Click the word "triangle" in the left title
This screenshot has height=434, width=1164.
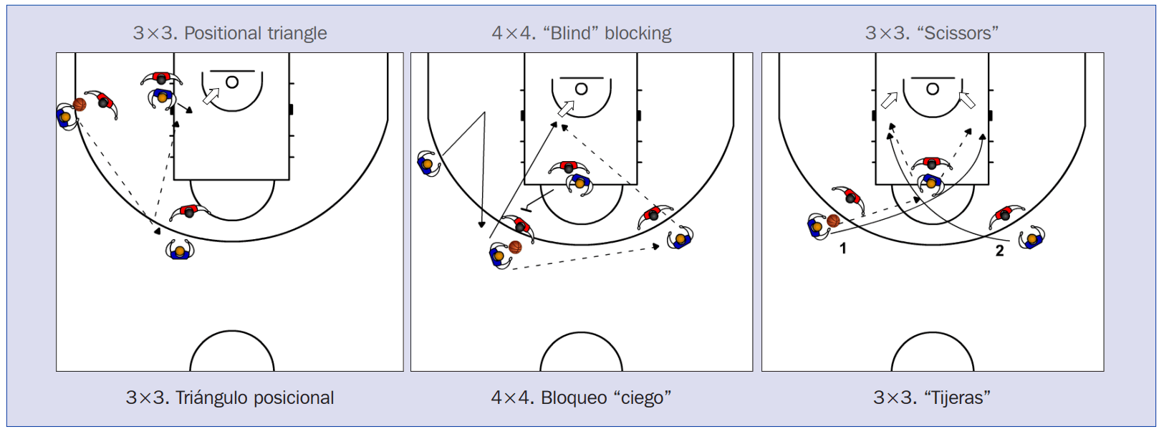pos(295,33)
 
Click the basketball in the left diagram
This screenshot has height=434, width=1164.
pos(80,105)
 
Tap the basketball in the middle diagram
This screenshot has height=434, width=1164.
pos(515,247)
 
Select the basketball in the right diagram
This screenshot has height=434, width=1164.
pos(833,221)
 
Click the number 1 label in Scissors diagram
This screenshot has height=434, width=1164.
pos(843,249)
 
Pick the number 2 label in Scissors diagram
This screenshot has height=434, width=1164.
pos(999,251)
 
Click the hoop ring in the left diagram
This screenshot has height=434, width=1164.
pos(232,82)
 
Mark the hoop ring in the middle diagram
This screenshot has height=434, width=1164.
pos(581,89)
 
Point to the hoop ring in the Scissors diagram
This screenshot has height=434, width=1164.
pos(932,89)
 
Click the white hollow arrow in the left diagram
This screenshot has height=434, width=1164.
pos(211,96)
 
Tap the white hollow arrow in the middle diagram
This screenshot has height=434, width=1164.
pos(566,109)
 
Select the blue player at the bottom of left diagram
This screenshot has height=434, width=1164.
pos(180,251)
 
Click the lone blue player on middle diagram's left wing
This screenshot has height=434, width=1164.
pos(427,164)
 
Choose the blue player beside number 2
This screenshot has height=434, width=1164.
pos(1031,238)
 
